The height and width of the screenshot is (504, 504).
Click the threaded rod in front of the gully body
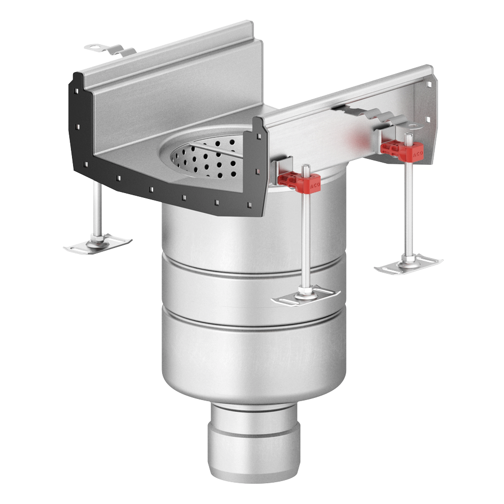click(305, 235)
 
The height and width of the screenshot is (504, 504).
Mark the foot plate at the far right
click(409, 264)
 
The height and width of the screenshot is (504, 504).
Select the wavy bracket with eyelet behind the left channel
click(109, 50)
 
